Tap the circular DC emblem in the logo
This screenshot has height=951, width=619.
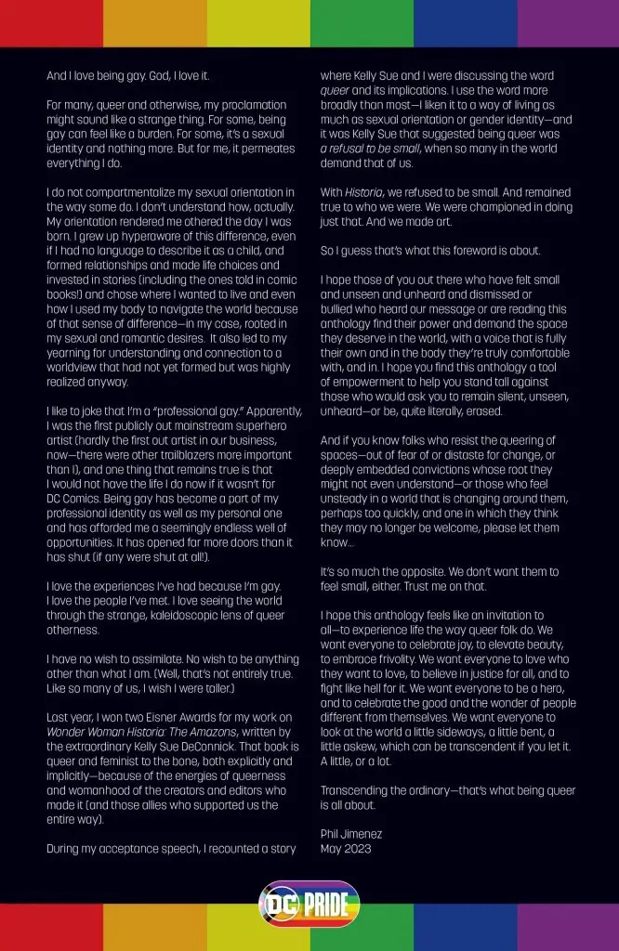pos(278,904)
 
